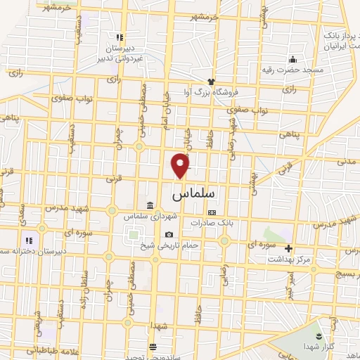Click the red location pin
[x=181, y=165]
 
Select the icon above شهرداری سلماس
[x=150, y=205]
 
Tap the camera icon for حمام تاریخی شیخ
[x=169, y=234]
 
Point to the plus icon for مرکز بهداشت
[x=288, y=248]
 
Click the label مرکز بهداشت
[x=288, y=259]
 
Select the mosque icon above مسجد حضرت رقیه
[x=293, y=59]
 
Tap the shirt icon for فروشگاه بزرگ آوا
[x=210, y=82]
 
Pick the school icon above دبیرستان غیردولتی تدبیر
[x=120, y=37]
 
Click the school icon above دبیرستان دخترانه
[x=27, y=240]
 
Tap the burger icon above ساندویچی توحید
[x=153, y=346]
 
